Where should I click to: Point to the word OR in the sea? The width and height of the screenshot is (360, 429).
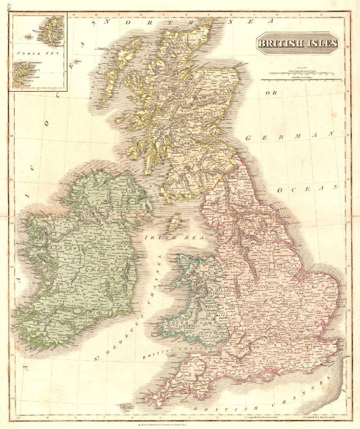[270, 93]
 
